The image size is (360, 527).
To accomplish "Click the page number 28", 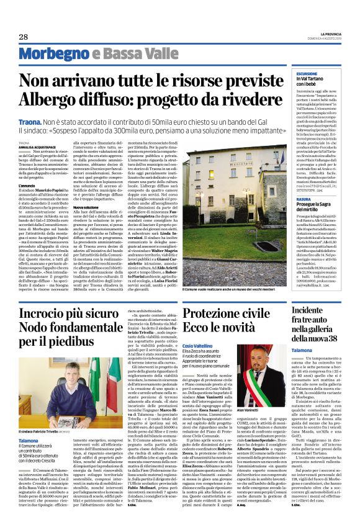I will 23,37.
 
